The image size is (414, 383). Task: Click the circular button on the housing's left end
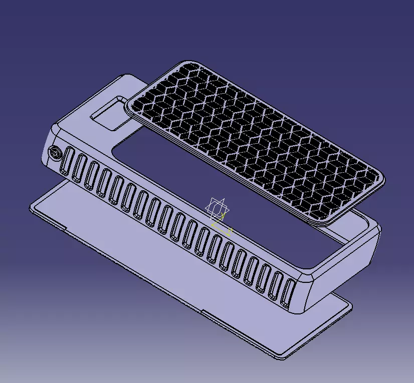(x=54, y=153)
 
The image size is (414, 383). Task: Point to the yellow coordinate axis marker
(x=223, y=228)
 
